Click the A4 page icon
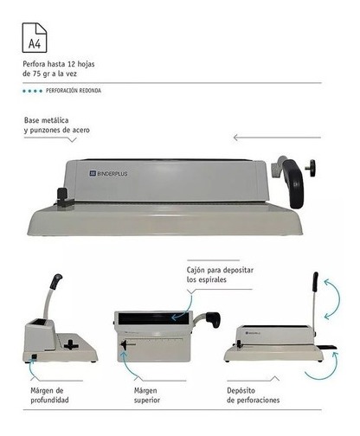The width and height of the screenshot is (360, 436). click(35, 38)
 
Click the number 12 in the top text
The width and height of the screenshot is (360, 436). click(71, 64)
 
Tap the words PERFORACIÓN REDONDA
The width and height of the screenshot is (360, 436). click(74, 91)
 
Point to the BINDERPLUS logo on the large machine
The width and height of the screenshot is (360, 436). click(108, 173)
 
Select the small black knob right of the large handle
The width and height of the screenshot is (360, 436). click(312, 168)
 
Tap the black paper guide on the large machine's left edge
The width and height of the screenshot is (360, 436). click(63, 197)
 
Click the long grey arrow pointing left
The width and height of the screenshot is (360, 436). click(277, 138)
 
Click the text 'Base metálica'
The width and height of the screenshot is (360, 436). click(47, 120)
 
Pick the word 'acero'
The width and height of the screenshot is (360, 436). click(81, 130)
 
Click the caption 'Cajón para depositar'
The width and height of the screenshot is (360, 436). click(220, 270)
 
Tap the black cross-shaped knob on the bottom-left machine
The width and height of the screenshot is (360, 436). click(71, 344)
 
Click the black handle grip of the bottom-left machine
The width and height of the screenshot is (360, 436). click(56, 281)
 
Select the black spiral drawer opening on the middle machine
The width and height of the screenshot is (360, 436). click(154, 318)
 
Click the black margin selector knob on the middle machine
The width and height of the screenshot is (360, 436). click(125, 345)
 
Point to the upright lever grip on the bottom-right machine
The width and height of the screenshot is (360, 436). click(316, 282)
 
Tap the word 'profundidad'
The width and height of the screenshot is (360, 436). click(49, 401)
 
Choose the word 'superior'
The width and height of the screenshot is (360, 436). click(147, 401)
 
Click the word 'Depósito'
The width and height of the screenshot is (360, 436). click(241, 391)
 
